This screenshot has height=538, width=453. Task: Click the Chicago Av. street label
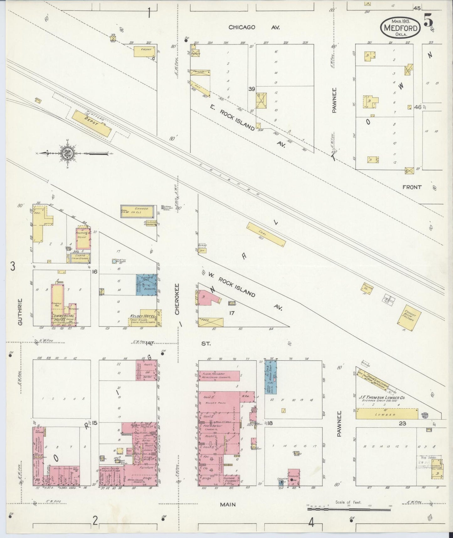click(x=254, y=28)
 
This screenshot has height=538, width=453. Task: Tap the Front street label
click(x=412, y=187)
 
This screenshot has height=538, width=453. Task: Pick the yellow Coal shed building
click(x=266, y=235)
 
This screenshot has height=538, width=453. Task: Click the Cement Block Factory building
click(x=409, y=318)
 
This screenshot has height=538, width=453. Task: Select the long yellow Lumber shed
click(x=387, y=414)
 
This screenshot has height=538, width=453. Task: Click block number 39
click(x=251, y=89)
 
